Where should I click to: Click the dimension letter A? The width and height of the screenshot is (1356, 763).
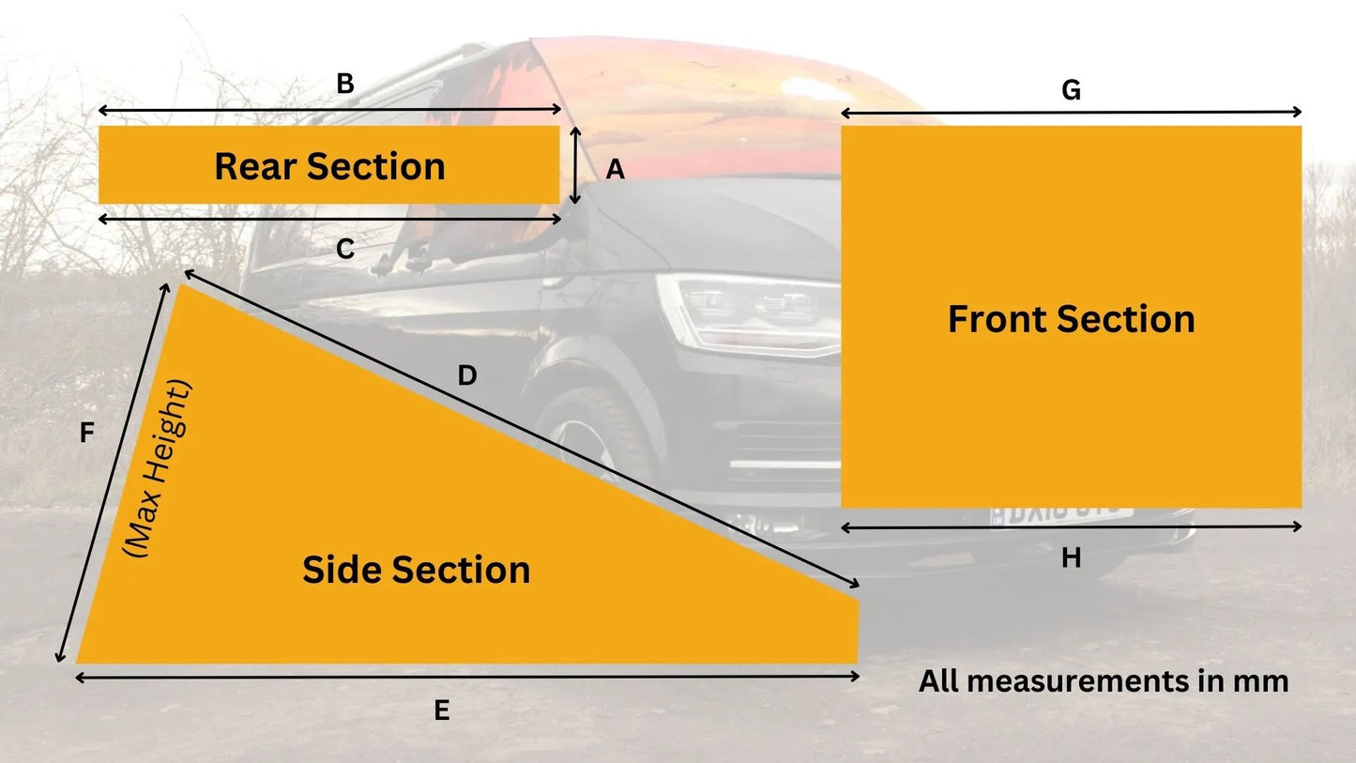[x=615, y=169]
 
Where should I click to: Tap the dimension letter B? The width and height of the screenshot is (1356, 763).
[x=344, y=84]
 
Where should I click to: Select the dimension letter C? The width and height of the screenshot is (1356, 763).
[x=344, y=250]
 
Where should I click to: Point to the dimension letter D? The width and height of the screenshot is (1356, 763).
[x=467, y=376]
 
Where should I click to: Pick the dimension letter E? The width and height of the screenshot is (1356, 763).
[x=442, y=711]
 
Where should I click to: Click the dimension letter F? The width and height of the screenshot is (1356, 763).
[x=87, y=433]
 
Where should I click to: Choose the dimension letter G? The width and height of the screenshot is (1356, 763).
[x=1071, y=91]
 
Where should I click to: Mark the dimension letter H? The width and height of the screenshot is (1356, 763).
[x=1071, y=558]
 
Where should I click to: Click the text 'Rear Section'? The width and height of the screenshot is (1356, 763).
[x=329, y=166]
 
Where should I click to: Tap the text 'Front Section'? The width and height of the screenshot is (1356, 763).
[x=1071, y=319]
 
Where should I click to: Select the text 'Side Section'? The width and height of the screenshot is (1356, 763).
[x=416, y=570]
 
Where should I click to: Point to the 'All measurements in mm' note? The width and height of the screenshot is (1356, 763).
[x=1103, y=681]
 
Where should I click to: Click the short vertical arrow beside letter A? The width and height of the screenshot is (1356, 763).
[x=575, y=166]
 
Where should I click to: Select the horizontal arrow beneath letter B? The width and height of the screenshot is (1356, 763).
[x=329, y=111]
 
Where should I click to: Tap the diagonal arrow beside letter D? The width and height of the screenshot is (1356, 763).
[x=521, y=432]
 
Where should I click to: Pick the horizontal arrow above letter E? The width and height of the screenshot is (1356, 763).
[x=466, y=677]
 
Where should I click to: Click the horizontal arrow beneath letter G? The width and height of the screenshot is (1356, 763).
[x=1071, y=113]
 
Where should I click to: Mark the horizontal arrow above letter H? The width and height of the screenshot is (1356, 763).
[x=1071, y=527]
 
